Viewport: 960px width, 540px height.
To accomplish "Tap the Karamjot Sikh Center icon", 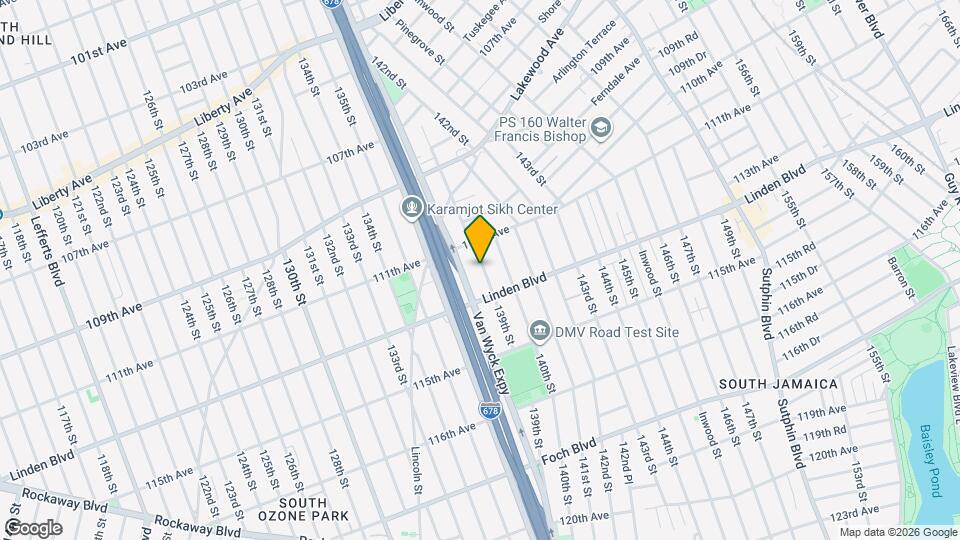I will click(x=410, y=208).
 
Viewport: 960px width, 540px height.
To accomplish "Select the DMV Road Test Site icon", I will click(x=540, y=330).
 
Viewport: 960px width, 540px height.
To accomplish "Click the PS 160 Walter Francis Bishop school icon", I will click(x=600, y=128).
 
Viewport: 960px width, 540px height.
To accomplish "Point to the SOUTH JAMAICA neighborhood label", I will click(x=778, y=384).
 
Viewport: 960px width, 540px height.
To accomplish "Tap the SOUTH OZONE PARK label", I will click(x=314, y=509).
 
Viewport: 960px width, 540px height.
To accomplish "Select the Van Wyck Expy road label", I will click(x=491, y=350).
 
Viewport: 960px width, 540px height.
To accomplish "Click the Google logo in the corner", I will click(x=33, y=528).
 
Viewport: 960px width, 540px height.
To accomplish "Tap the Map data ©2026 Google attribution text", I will click(x=897, y=533).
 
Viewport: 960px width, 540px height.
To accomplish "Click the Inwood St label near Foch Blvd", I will click(x=709, y=430).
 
